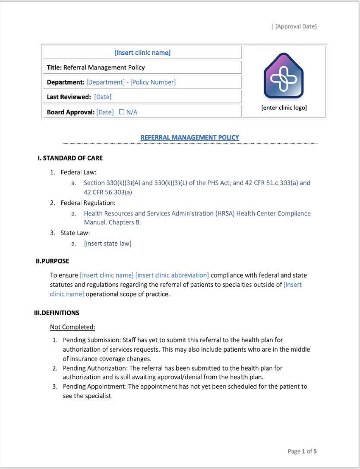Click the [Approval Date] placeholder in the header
tap(296, 26)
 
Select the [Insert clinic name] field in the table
tap(142, 53)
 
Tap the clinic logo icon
tap(284, 77)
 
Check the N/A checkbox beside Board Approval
tap(122, 112)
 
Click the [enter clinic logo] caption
tap(284, 108)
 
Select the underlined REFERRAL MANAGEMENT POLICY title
tap(189, 137)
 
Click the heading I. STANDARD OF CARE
tap(70, 158)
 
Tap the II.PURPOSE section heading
tap(52, 261)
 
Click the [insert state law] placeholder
tap(107, 244)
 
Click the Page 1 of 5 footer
tap(302, 451)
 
